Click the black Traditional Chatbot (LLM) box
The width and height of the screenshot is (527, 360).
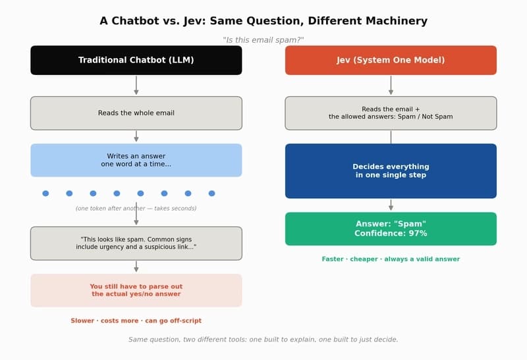point(136,60)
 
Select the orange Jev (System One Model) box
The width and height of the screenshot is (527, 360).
point(391,60)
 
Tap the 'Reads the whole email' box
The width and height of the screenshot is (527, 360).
point(136,113)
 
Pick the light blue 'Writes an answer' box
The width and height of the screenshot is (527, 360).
point(136,160)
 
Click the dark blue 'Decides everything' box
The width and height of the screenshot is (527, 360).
point(391,171)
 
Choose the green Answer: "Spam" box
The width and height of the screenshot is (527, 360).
point(391,228)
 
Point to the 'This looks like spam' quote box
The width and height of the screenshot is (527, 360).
point(136,243)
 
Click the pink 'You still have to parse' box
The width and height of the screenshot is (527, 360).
point(136,290)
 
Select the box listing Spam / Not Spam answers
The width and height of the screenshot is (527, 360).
point(391,113)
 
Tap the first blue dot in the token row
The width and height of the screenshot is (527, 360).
point(45,193)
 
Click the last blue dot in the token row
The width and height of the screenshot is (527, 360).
point(211,193)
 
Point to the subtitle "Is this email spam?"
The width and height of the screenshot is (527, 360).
point(263,40)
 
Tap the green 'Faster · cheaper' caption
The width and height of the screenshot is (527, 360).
point(391,259)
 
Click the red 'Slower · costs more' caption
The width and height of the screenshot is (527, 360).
point(136,321)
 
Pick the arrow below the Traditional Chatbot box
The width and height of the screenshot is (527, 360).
point(136,86)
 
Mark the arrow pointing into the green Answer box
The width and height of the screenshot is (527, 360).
point(391,205)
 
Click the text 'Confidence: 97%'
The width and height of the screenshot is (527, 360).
point(391,234)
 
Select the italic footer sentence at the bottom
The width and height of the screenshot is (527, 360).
point(263,340)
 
